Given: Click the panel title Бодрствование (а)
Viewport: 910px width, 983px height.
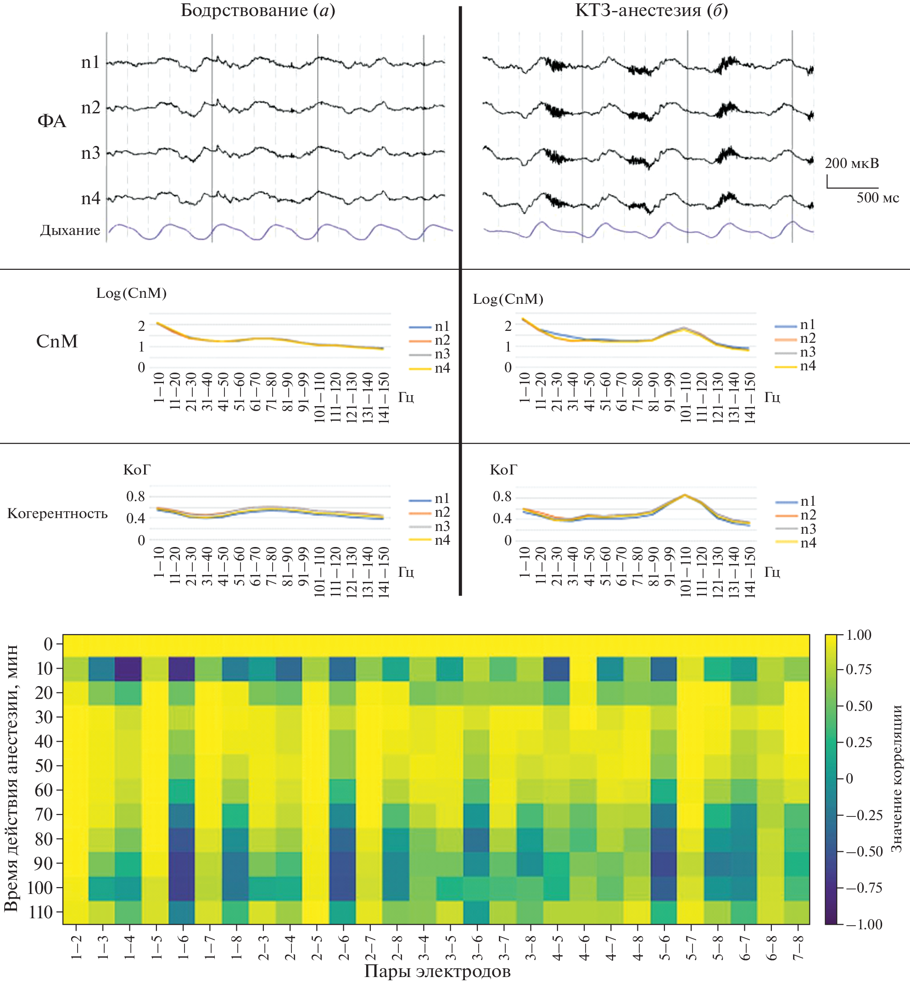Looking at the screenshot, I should [x=257, y=11].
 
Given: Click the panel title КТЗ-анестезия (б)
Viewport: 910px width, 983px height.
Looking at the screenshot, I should [x=651, y=11].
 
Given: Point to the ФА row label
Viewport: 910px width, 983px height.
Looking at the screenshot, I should [x=52, y=121].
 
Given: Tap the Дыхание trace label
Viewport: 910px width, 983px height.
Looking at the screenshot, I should [x=70, y=230].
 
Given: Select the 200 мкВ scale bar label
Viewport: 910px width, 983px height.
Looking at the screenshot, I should [x=852, y=163].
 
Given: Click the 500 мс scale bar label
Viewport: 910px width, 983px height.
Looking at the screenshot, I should [x=877, y=198].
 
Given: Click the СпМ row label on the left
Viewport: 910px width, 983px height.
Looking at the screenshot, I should [x=57, y=341].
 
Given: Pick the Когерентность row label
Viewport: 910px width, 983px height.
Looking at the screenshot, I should [x=57, y=514].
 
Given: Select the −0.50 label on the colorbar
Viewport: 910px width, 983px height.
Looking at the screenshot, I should [x=864, y=851].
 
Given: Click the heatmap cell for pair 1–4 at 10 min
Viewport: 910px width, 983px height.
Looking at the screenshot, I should [x=128, y=668].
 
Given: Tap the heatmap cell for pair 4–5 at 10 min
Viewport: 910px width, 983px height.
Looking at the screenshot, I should [x=557, y=668].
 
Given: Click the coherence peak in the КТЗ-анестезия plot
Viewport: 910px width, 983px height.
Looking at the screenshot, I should [x=685, y=495].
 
